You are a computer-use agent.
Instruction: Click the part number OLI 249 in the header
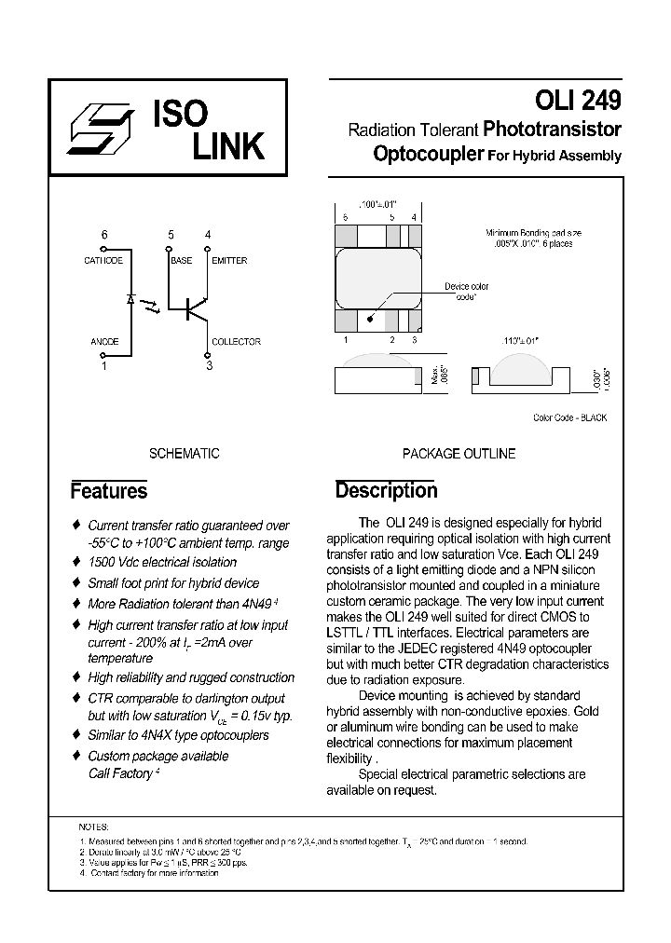578,100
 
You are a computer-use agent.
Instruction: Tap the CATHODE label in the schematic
103,261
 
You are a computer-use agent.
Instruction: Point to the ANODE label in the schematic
103,342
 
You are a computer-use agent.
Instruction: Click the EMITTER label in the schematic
229,261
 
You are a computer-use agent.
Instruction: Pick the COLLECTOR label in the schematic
236,342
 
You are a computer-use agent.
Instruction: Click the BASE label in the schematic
181,261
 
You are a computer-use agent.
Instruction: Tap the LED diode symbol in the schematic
131,300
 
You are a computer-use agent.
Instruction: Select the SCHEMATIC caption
185,454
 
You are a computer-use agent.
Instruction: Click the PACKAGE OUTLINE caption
459,454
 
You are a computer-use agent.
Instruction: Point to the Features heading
109,491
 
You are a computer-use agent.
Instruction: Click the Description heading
386,490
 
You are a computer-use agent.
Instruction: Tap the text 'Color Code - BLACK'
569,417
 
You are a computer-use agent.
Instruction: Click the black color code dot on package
371,318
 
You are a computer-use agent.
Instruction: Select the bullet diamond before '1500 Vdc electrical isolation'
77,562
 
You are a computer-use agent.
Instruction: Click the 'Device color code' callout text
466,291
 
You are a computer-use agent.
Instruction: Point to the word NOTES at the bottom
94,827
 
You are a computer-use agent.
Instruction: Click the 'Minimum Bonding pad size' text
534,233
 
